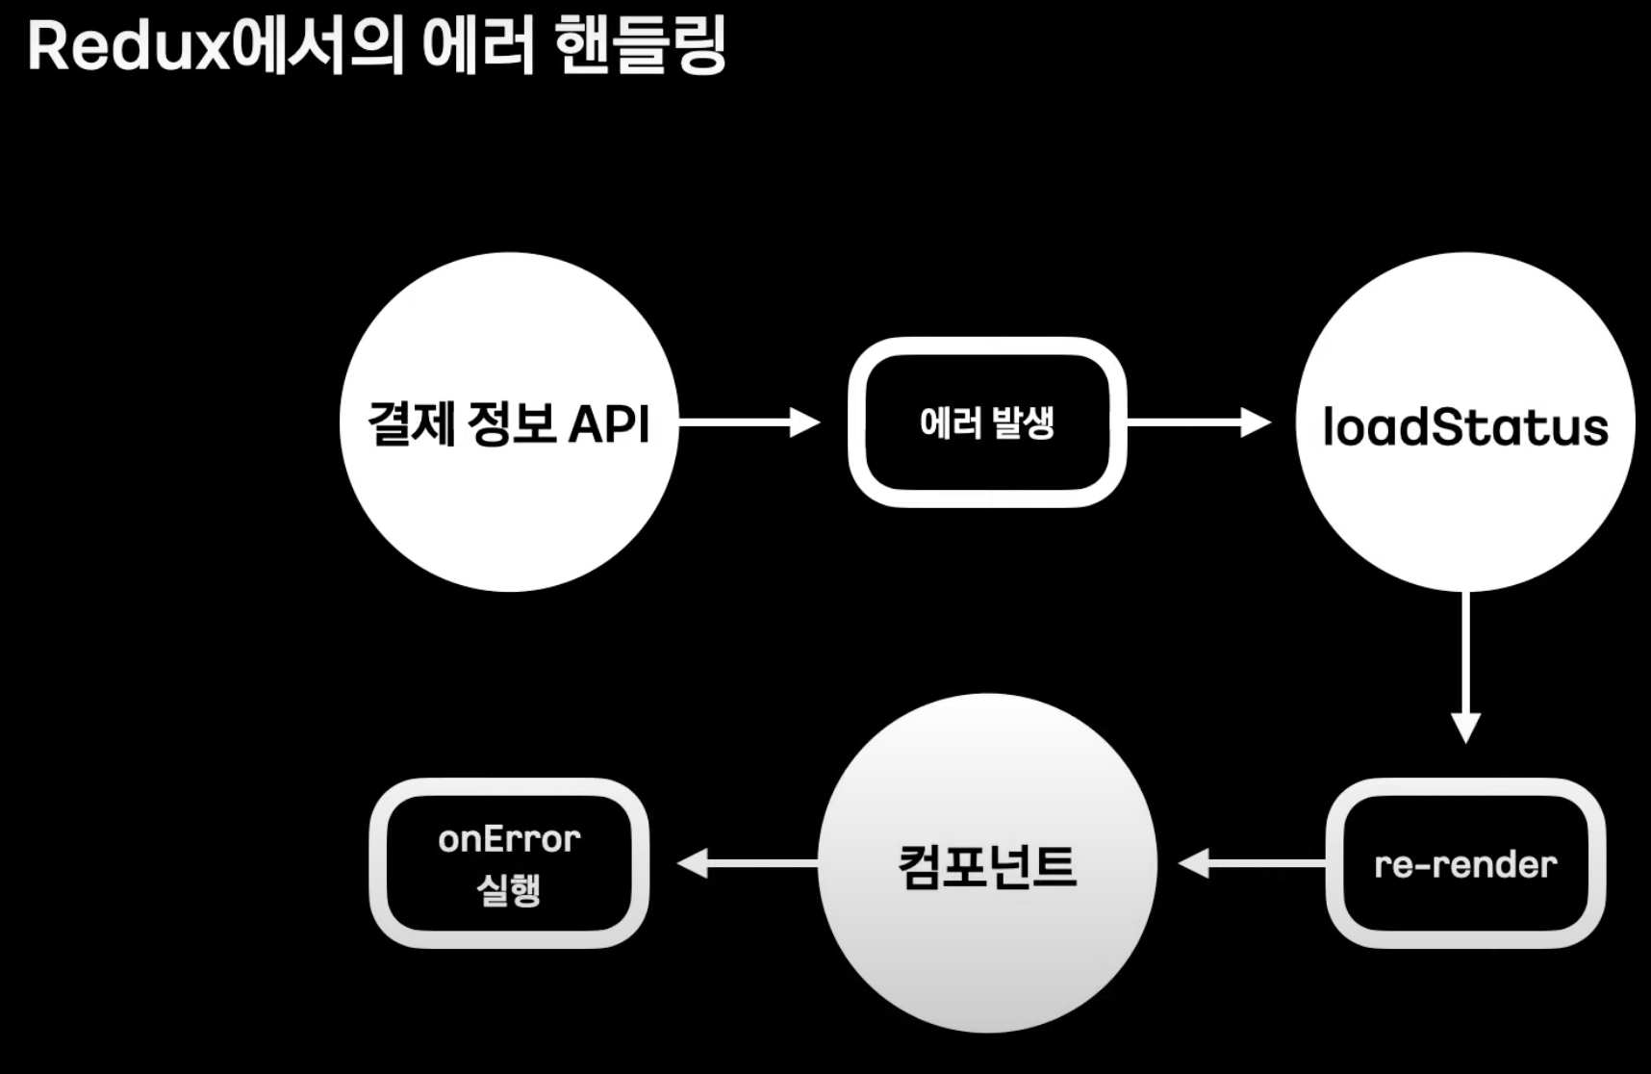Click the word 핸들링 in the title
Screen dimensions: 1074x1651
[x=641, y=45]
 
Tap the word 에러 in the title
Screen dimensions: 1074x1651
[x=478, y=45]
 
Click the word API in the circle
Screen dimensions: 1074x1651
[x=609, y=423]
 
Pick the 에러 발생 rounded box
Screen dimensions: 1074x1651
[x=987, y=422]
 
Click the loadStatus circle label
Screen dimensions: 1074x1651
[x=1464, y=427]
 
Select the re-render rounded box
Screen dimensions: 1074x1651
[x=1465, y=863]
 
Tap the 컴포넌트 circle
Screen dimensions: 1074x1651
[x=987, y=863]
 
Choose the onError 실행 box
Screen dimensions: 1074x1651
[x=509, y=863]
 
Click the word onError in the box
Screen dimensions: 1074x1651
[x=509, y=839]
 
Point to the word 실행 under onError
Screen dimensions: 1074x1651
[x=509, y=889]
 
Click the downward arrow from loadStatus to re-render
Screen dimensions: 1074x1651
[x=1465, y=664]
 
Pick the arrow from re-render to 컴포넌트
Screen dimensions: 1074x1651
[x=1251, y=863]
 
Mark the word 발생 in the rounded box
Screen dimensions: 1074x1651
[x=1023, y=422]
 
